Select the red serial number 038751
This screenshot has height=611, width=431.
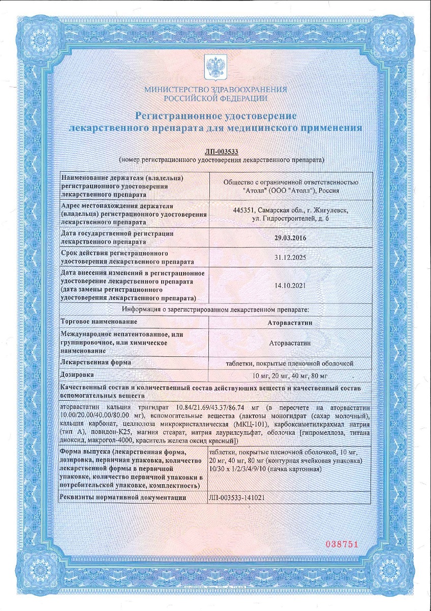[x=342, y=544]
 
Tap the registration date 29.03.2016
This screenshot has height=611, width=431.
[x=290, y=237]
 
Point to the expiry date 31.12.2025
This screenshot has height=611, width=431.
[x=290, y=258]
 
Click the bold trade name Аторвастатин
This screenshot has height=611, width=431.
[x=290, y=322]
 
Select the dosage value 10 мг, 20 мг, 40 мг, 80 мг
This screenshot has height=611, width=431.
[x=290, y=375]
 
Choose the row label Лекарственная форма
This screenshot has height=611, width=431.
[x=96, y=362]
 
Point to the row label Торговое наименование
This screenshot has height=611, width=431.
[x=99, y=322]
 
